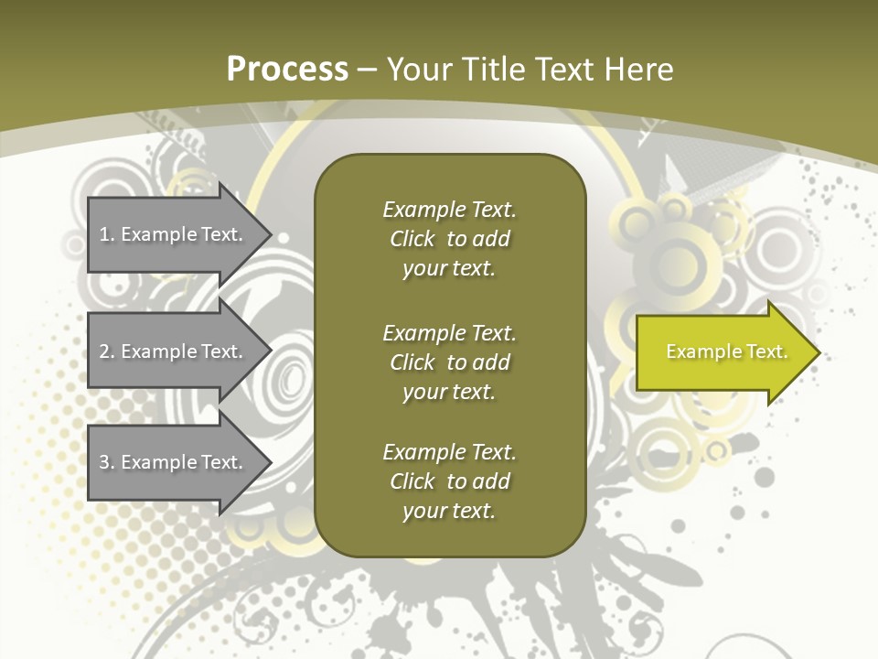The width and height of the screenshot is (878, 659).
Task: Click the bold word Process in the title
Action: (x=287, y=70)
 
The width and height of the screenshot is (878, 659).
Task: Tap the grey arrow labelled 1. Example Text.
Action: (x=170, y=234)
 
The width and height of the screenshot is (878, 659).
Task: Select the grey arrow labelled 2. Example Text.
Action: (x=170, y=351)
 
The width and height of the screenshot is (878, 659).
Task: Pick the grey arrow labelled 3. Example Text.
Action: (x=170, y=462)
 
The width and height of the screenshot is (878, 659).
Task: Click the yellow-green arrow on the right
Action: (x=723, y=352)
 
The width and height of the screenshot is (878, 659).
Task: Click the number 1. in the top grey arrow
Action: (x=106, y=234)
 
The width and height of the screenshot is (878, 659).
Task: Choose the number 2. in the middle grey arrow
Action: (x=106, y=351)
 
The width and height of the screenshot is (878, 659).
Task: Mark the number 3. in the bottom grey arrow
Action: (x=106, y=462)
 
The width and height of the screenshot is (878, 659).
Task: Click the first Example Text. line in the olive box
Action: (x=449, y=210)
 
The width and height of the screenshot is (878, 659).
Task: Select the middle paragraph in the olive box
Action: (x=449, y=362)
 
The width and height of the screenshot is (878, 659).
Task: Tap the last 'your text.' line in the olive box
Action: (x=448, y=511)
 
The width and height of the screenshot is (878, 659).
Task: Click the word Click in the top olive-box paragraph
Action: (x=412, y=239)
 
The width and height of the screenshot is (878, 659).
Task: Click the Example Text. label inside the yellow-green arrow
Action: (x=726, y=351)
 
